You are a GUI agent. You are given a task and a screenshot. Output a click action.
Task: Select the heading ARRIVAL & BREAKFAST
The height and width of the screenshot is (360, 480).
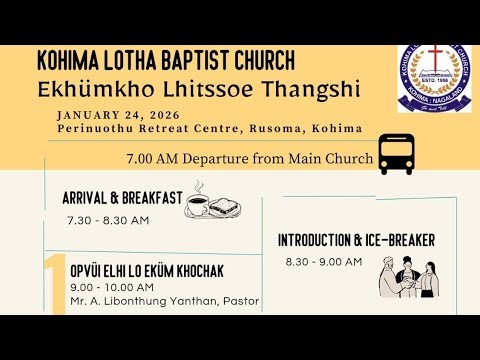(122, 198)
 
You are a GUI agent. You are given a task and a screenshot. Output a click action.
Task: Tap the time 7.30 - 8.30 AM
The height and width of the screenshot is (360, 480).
(108, 220)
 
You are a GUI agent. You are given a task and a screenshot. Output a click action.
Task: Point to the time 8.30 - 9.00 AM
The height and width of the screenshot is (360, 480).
(323, 261)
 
